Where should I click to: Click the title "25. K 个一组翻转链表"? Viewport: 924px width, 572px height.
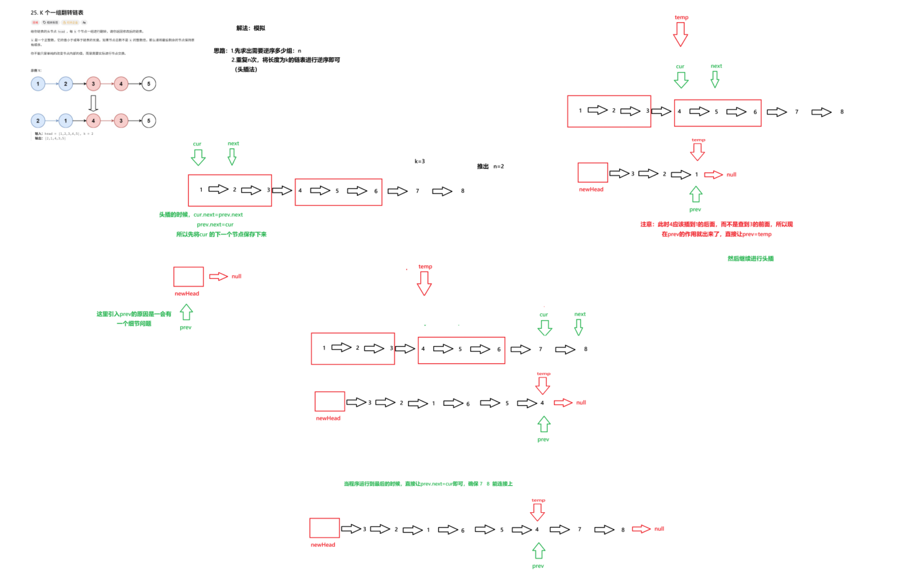pyautogui.click(x=57, y=13)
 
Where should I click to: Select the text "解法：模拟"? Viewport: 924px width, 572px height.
pyautogui.click(x=251, y=28)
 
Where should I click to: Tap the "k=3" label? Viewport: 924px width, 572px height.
pyautogui.click(x=420, y=161)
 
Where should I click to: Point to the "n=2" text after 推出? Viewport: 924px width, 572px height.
pyautogui.click(x=499, y=166)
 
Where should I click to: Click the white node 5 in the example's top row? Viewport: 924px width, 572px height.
pyautogui.click(x=149, y=84)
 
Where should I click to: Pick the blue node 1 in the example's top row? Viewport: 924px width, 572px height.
pyautogui.click(x=38, y=84)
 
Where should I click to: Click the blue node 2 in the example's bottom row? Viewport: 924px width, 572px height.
pyautogui.click(x=38, y=120)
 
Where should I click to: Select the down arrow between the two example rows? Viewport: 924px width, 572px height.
pyautogui.click(x=93, y=103)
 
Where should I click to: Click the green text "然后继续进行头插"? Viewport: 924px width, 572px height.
pyautogui.click(x=750, y=259)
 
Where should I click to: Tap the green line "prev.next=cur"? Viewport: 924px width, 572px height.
pyautogui.click(x=215, y=225)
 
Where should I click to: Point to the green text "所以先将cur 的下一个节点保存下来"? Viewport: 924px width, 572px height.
pyautogui.click(x=221, y=235)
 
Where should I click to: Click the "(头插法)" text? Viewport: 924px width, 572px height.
pyautogui.click(x=246, y=69)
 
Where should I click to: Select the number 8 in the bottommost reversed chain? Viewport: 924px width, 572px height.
pyautogui.click(x=623, y=530)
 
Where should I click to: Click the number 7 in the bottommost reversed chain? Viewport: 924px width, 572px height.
pyautogui.click(x=580, y=529)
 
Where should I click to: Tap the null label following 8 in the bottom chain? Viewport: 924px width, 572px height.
pyautogui.click(x=659, y=529)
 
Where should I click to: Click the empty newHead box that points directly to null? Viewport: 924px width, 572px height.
pyautogui.click(x=188, y=277)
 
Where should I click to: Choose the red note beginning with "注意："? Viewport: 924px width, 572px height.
pyautogui.click(x=716, y=225)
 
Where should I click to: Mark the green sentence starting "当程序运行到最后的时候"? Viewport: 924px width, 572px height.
pyautogui.click(x=428, y=484)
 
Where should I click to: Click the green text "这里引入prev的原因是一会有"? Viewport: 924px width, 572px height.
pyautogui.click(x=133, y=314)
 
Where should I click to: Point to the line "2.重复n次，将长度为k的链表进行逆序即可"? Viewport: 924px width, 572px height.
pyautogui.click(x=286, y=60)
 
